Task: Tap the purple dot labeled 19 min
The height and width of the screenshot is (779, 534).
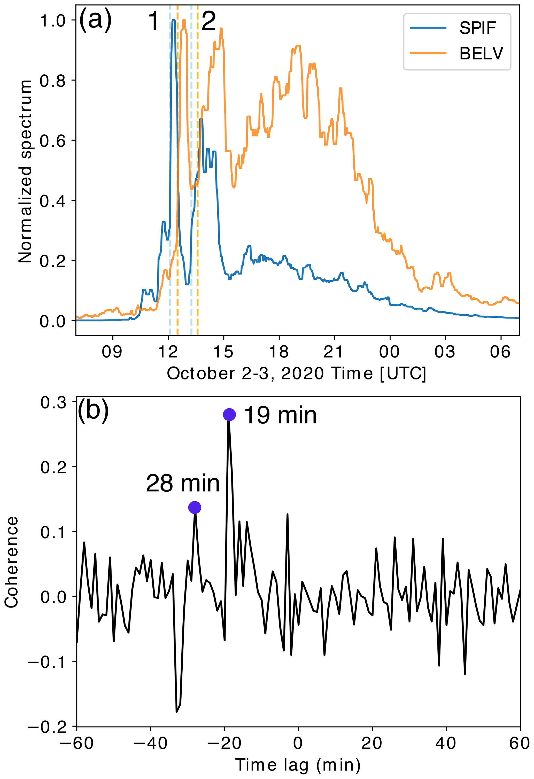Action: (229, 415)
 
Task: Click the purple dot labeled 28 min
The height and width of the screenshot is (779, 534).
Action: (195, 508)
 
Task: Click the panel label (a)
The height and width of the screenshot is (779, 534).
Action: (95, 20)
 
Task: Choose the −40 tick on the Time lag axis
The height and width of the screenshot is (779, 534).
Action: (151, 743)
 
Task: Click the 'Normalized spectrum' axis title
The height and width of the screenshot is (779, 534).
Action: (25, 171)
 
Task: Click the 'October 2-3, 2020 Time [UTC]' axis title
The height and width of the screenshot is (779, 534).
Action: (296, 373)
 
